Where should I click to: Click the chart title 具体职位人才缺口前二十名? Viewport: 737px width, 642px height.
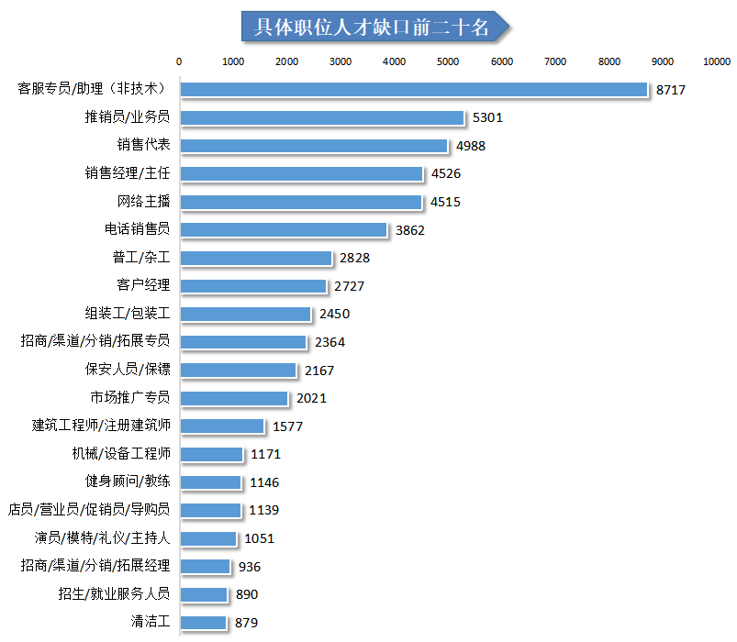pos(371,27)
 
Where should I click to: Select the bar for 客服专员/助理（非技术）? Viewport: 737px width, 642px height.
pos(414,89)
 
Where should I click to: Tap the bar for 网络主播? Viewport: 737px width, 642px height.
pos(301,202)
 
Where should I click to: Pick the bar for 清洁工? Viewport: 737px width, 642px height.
pos(203,623)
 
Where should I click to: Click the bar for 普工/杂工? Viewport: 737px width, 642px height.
pos(255,258)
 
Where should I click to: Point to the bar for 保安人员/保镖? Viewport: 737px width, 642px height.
pos(238,371)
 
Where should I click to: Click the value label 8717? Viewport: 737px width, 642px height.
pos(671,90)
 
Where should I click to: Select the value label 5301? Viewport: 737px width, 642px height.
pos(487,117)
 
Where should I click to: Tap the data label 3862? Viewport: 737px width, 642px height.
pos(409,230)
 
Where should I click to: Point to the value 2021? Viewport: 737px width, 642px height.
pos(311,398)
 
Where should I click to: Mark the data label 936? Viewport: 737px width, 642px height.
pos(250,567)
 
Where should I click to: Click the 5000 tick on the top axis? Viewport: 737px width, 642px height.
pos(448,61)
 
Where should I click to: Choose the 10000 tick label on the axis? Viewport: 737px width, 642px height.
pos(716,61)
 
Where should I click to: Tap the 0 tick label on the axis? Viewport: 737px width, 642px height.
pos(179,61)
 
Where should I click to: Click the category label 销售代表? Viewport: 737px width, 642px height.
pos(143,145)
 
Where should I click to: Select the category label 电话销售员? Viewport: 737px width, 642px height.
pos(137,229)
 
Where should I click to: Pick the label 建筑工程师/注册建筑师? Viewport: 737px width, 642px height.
pos(101,426)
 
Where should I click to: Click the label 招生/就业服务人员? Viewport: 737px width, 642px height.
pos(114,594)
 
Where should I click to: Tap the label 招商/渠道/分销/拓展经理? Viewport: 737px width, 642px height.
pos(95,566)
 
